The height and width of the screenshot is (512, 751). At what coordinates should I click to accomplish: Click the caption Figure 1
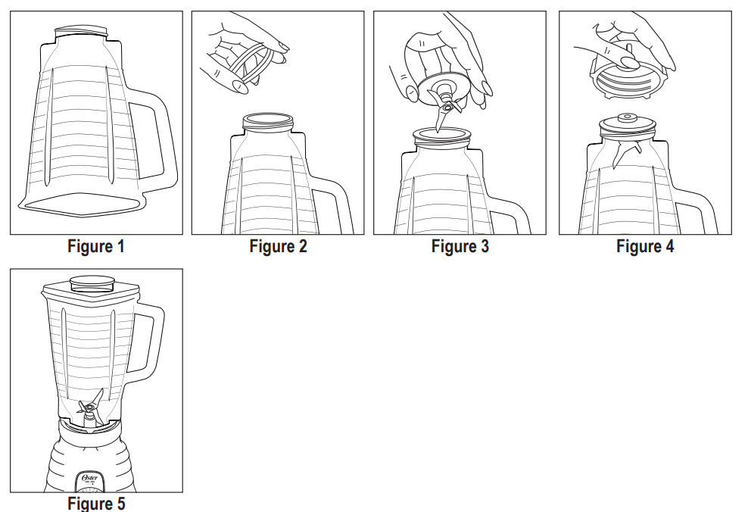tap(96, 246)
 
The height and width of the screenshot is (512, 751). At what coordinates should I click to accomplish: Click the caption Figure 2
tap(279, 246)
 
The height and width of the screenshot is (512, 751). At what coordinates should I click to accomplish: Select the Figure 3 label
tap(460, 246)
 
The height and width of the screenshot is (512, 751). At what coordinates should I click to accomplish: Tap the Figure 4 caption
tap(645, 246)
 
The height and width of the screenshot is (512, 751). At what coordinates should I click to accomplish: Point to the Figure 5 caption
tap(96, 504)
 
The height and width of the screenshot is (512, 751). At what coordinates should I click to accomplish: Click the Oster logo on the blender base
tap(89, 477)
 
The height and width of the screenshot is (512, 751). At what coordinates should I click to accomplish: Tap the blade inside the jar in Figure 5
tap(91, 407)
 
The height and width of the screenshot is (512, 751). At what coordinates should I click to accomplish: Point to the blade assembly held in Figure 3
tap(443, 95)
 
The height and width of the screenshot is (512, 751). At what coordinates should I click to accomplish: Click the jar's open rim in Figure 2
tap(268, 120)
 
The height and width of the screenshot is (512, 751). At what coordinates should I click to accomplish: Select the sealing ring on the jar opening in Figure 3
tap(441, 136)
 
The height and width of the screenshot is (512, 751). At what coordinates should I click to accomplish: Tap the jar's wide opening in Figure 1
tap(82, 205)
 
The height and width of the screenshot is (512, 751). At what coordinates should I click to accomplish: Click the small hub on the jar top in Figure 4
tap(625, 118)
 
